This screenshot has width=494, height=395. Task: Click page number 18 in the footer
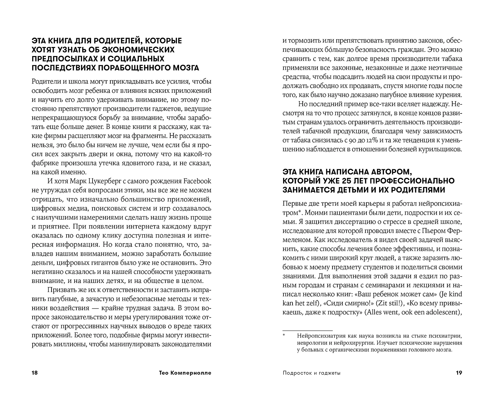tap(34, 373)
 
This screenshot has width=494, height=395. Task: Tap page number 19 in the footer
tap(459, 373)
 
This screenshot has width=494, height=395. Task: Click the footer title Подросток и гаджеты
tap(311, 373)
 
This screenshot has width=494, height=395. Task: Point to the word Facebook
tap(198, 181)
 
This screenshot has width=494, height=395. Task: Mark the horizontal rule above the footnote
tap(307, 330)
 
